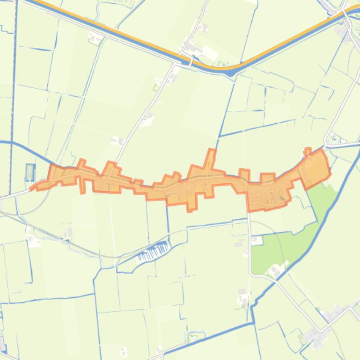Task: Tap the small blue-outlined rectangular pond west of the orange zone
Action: (30, 172)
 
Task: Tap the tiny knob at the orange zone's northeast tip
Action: (308, 151)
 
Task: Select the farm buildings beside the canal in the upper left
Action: (96, 38)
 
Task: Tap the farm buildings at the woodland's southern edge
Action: (274, 270)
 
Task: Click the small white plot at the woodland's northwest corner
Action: (257, 240)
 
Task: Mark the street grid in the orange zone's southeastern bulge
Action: (269, 194)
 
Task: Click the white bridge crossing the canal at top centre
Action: (191, 59)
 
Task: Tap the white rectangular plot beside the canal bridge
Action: (209, 54)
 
